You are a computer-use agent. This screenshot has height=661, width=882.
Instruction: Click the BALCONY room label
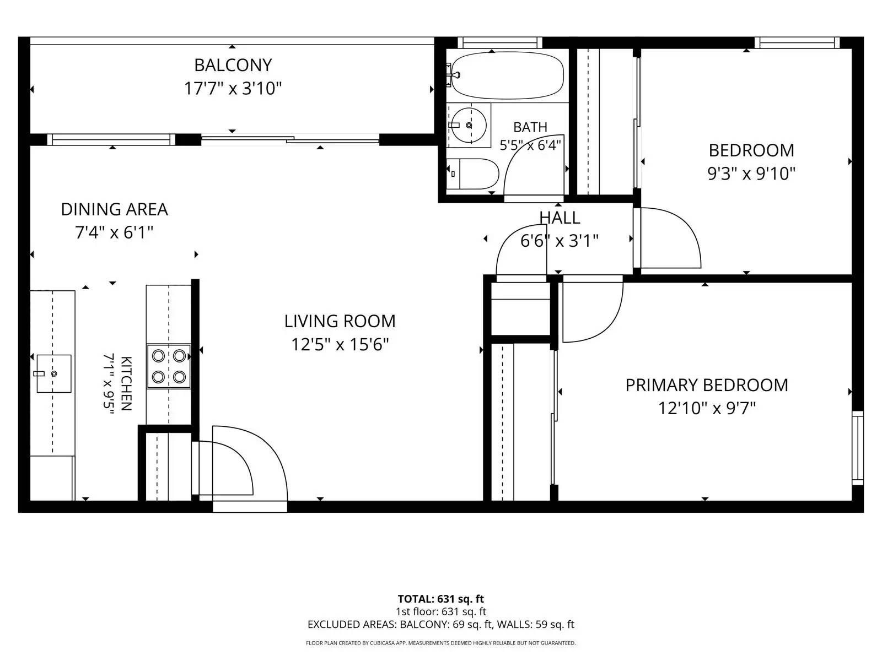click(x=233, y=65)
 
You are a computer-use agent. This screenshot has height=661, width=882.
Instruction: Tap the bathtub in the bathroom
click(x=507, y=75)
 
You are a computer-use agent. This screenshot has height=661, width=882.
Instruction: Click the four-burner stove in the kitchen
click(x=169, y=366)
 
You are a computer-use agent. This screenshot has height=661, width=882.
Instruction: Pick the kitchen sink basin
click(x=54, y=373)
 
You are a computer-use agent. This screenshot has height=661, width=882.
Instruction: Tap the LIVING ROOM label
click(x=340, y=321)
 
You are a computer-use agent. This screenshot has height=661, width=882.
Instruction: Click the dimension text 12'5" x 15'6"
click(x=340, y=344)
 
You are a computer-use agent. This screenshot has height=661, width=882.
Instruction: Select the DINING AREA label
click(x=115, y=209)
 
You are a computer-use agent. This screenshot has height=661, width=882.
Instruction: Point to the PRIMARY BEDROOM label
click(x=707, y=385)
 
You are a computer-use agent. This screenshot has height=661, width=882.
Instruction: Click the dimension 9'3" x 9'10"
click(x=751, y=174)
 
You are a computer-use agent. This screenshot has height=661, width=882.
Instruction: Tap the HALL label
click(x=560, y=218)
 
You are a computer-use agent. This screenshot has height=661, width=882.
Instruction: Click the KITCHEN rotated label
click(x=126, y=383)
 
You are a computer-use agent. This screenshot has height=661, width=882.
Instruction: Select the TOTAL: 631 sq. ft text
click(x=441, y=599)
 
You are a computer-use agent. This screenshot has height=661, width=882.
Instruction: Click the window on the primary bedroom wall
click(x=858, y=448)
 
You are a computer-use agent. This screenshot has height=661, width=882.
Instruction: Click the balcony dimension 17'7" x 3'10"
click(x=233, y=88)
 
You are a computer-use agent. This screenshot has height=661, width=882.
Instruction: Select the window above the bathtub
click(x=500, y=42)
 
